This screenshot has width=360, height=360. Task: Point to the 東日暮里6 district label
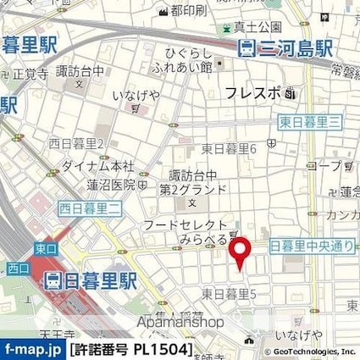point(230,148)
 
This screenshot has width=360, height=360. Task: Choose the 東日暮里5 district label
point(230,293)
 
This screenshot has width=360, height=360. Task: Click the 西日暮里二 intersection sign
point(90,206)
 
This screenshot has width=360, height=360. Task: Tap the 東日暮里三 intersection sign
point(311,123)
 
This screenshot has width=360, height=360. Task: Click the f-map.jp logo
point(32,349)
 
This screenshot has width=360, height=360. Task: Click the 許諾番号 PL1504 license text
point(136,349)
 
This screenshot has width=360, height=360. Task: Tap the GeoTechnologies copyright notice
point(307,350)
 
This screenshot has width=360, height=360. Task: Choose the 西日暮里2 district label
point(77,143)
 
